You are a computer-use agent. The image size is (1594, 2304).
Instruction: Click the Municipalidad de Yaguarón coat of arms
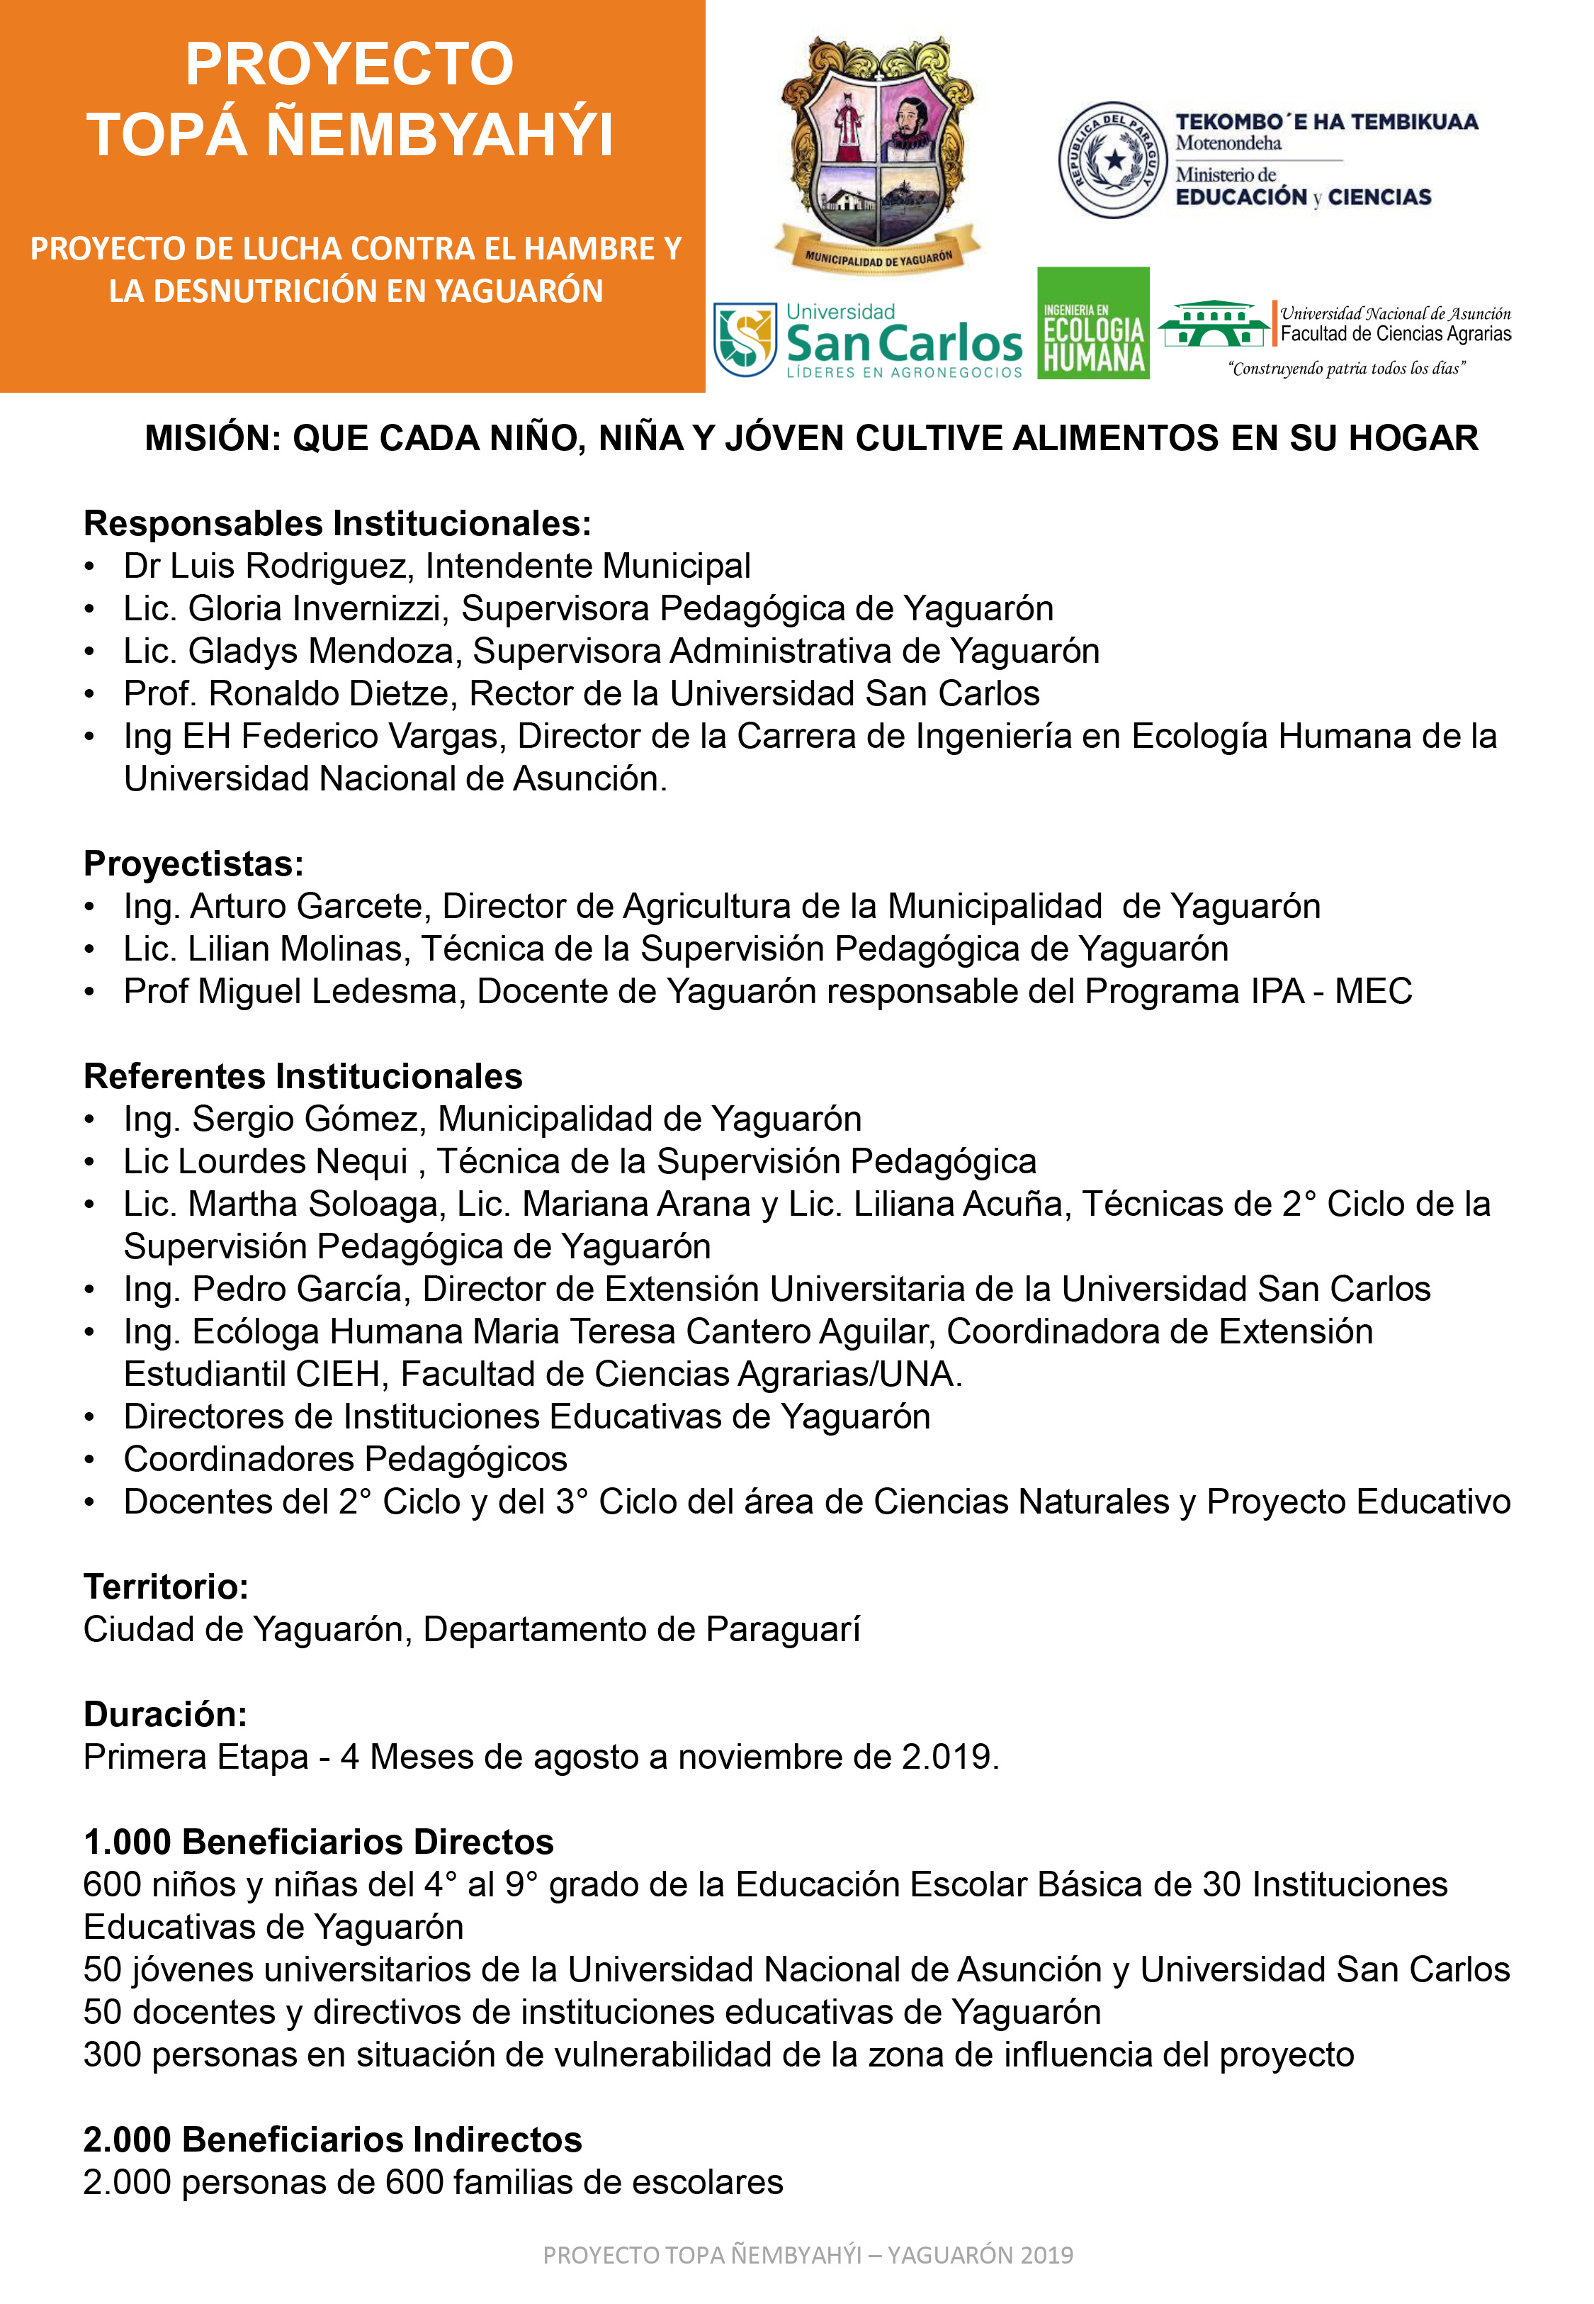878,155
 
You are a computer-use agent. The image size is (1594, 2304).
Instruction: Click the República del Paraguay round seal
1112,160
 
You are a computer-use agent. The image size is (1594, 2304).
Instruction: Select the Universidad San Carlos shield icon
745,339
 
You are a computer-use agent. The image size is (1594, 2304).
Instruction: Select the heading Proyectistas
193,863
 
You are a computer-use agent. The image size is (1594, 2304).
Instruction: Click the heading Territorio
166,1587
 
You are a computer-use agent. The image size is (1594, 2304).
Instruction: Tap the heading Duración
165,1714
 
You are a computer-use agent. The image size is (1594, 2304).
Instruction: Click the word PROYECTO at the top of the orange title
349,64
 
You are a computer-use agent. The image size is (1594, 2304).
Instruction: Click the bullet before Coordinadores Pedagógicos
90,1460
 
